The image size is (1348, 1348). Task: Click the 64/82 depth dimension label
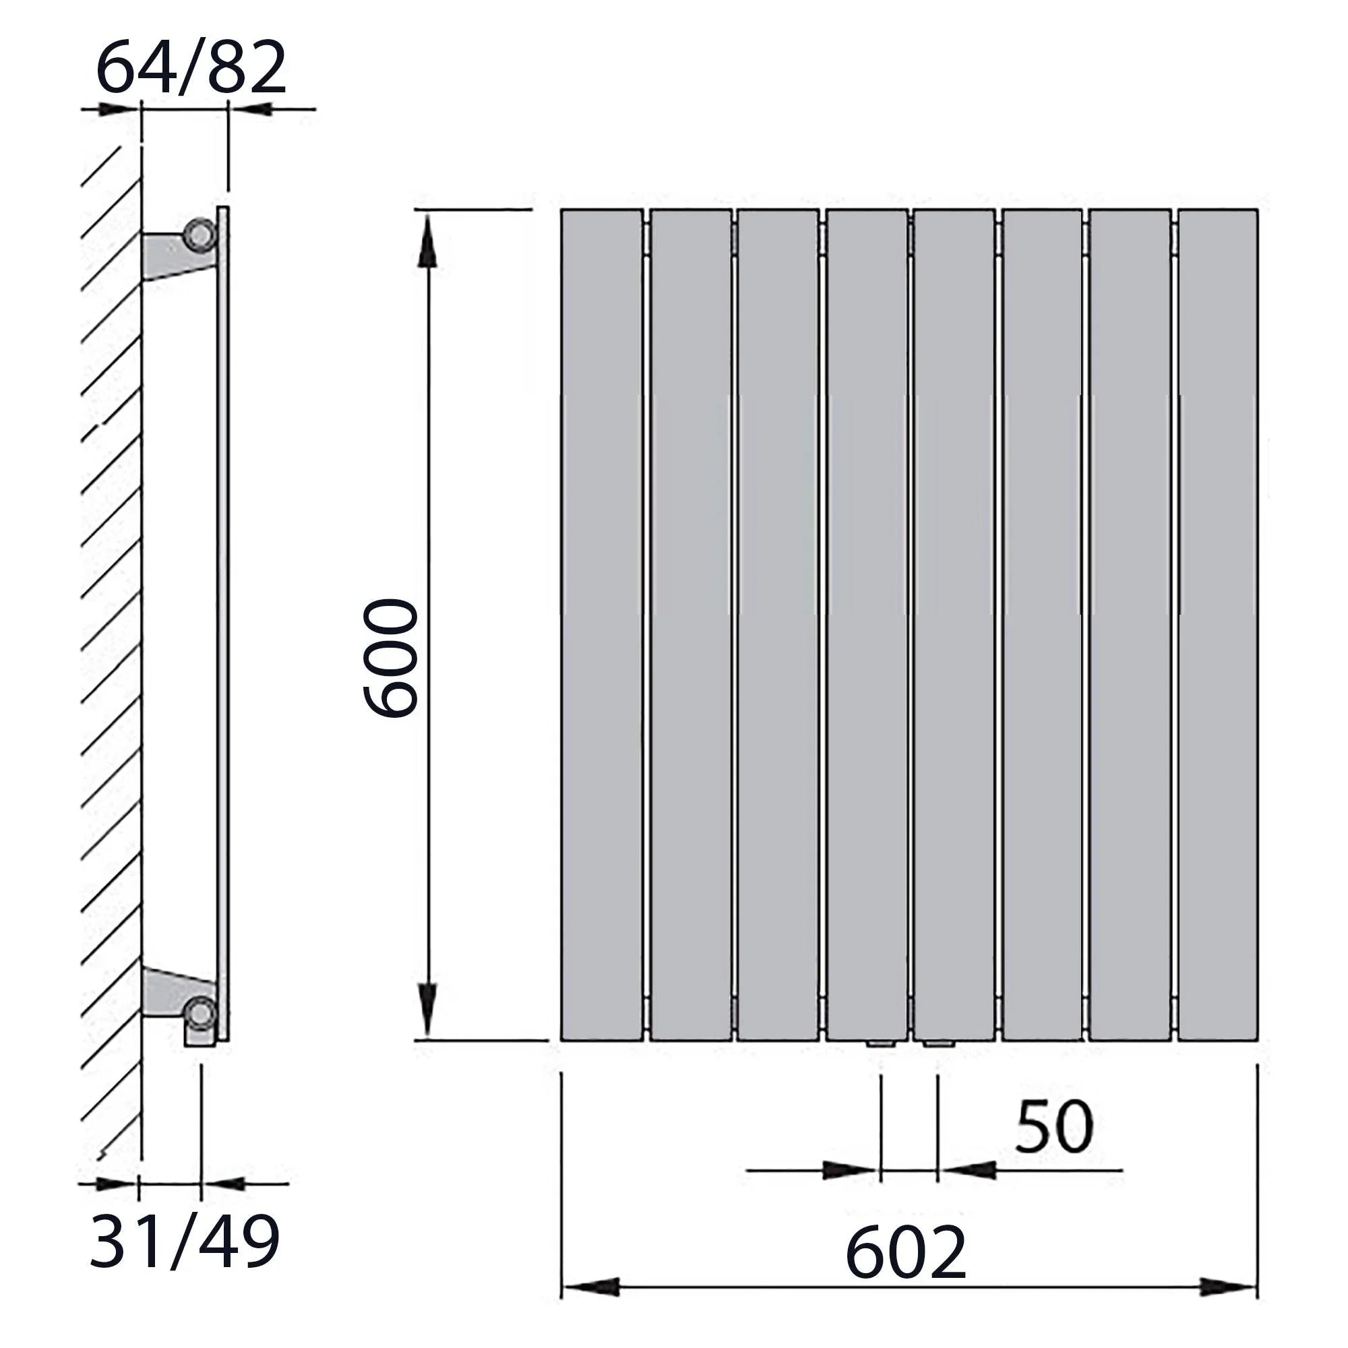point(191,67)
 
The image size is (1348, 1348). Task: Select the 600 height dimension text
point(390,657)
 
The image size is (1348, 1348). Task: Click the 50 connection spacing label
point(1053,1127)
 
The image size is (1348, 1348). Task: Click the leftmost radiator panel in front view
point(601,625)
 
